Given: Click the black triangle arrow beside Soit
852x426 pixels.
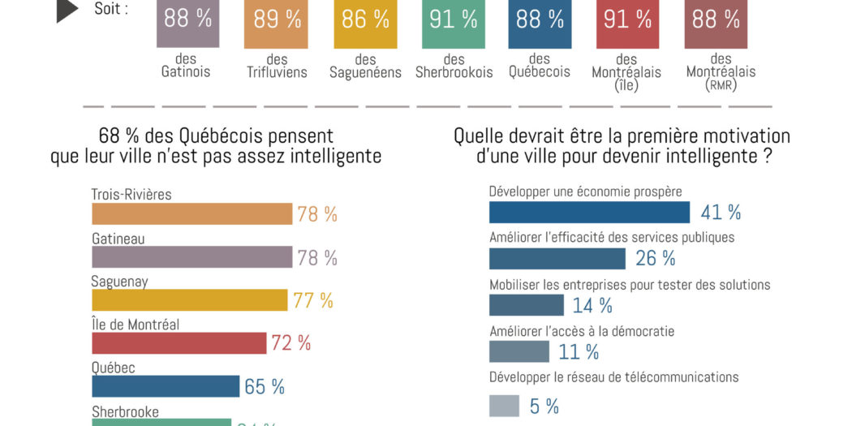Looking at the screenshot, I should (67, 10).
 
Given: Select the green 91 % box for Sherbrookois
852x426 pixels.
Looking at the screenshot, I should (454, 24).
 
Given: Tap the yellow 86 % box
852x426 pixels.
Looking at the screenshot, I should (366, 24).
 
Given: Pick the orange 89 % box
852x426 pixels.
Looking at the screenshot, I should (278, 24).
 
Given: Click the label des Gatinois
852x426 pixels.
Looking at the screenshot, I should (186, 66).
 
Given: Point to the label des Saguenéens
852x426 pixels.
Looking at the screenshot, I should (365, 66).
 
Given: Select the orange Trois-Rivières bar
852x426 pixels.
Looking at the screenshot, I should (191, 213).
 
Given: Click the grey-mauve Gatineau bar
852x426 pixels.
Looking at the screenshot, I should (191, 257).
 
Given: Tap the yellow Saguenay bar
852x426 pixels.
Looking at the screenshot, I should (189, 300).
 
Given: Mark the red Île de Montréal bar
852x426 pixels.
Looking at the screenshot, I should (179, 343).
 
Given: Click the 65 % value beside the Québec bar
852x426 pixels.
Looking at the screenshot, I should (265, 387).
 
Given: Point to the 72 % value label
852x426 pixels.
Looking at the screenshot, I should (291, 343).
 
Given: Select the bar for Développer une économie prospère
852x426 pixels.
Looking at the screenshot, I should (589, 212).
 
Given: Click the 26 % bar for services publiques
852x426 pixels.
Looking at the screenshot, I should (557, 258).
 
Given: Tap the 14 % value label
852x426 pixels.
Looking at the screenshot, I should (593, 306).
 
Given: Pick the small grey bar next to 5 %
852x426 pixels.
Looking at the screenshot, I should (504, 405).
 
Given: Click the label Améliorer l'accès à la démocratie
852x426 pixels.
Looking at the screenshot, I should (582, 331).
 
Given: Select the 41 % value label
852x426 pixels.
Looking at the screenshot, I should (721, 213).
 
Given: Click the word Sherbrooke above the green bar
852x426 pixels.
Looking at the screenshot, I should (125, 411).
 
